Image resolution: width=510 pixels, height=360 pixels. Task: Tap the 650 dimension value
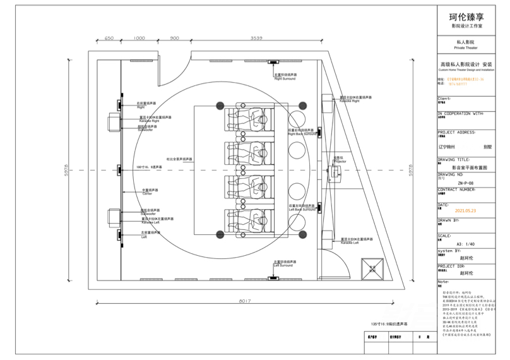click(109, 38)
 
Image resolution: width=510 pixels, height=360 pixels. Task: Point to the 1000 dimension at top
click(140, 38)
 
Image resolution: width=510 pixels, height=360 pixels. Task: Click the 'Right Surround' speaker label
click(285, 80)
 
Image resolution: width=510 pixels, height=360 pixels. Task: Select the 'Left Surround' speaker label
click(284, 265)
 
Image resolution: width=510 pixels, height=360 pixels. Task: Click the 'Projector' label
click(340, 162)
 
